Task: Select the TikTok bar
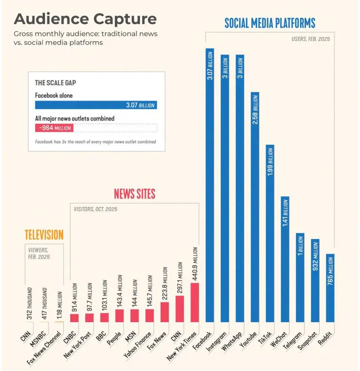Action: coord(270,233)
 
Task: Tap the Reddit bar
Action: coord(330,288)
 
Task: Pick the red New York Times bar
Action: coord(195,302)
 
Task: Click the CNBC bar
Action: coord(74,318)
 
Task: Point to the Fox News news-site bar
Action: coord(165,312)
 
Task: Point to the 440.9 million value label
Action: coord(195,264)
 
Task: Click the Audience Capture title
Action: coord(85,19)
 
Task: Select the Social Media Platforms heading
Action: coord(270,22)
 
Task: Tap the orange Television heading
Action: coord(44,235)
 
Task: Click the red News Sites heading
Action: coord(134,194)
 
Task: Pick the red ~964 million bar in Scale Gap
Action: coord(54,128)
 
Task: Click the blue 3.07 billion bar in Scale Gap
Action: coord(96,105)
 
